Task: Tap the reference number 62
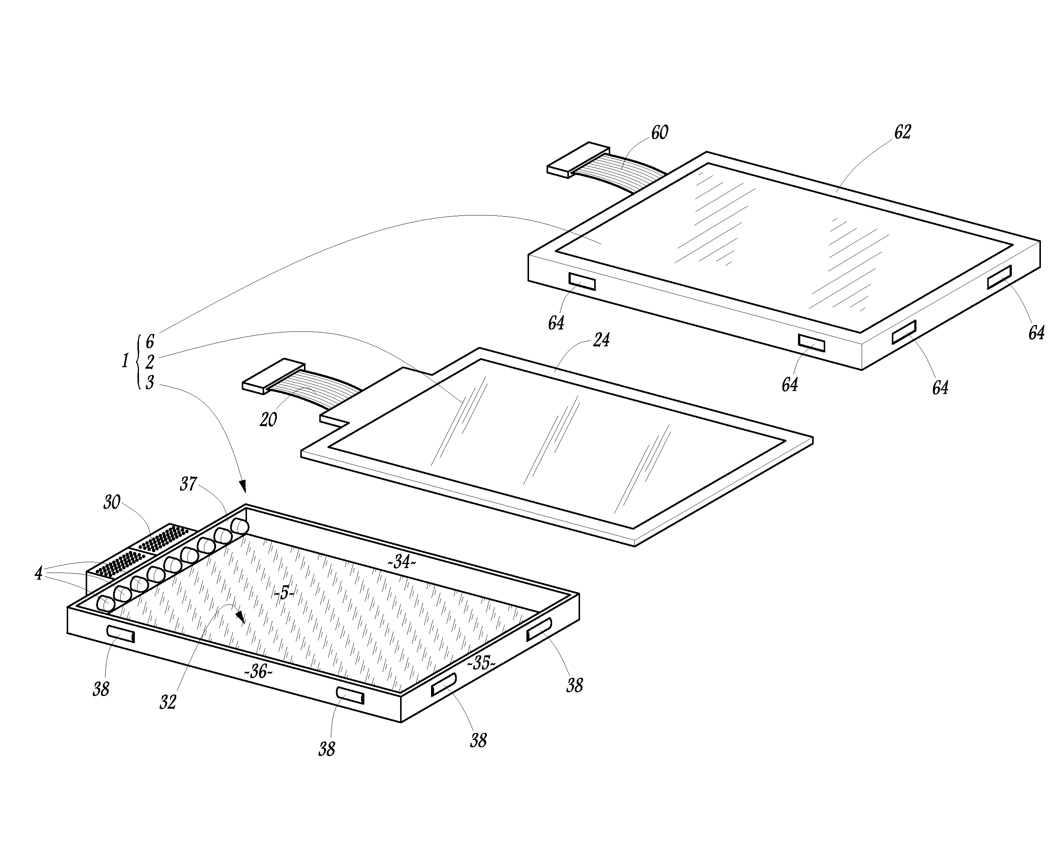(902, 132)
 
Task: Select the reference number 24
(601, 340)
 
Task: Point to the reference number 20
(268, 419)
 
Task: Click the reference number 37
(188, 484)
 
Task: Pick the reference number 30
(112, 502)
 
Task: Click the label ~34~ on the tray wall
(402, 561)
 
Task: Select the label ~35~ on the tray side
(481, 663)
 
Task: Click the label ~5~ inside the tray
(284, 593)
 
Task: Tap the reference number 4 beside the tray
(38, 574)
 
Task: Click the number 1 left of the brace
(125, 361)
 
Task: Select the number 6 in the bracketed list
(150, 341)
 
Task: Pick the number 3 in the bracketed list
(150, 382)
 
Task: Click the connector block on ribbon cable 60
(578, 160)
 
